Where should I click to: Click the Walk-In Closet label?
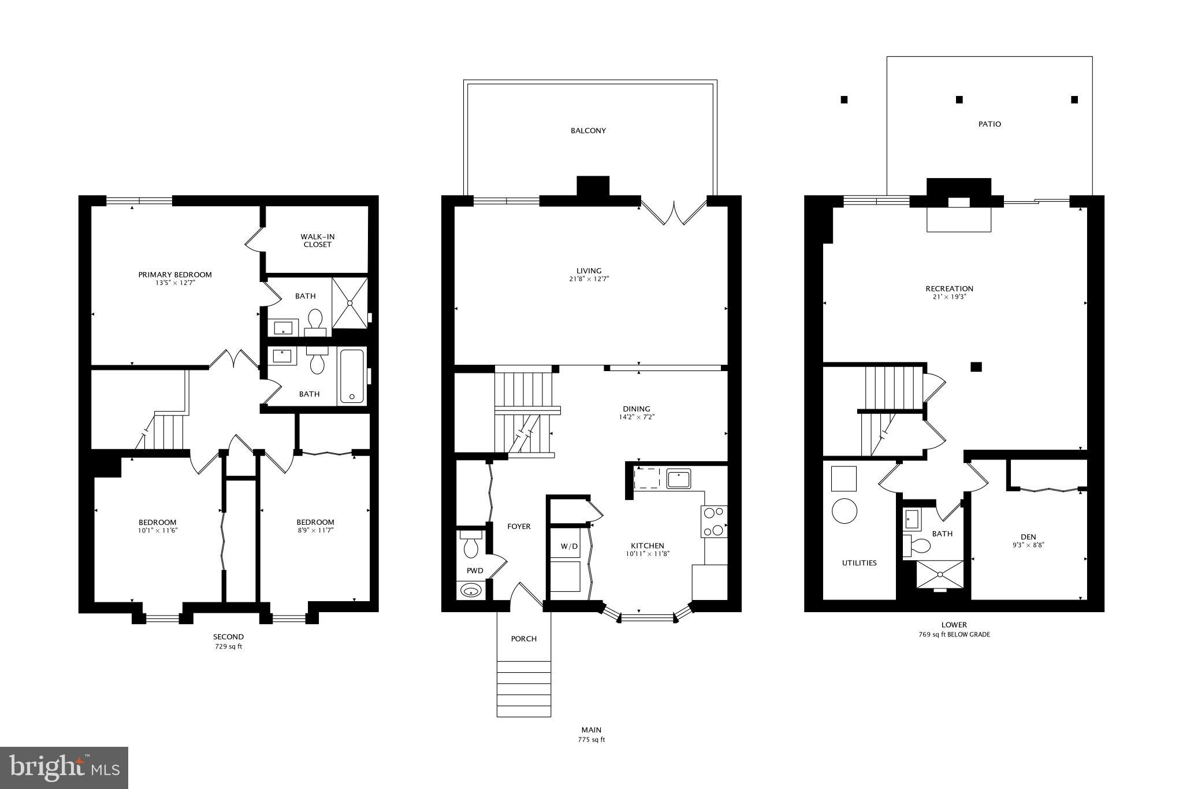tap(317, 240)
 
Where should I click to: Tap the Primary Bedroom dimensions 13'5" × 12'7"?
tap(175, 283)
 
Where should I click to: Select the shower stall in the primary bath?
tap(349, 303)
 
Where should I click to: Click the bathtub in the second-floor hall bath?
tap(352, 376)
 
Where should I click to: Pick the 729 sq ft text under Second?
tap(229, 646)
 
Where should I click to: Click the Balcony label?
tap(588, 131)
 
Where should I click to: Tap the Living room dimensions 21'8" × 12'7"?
tap(589, 279)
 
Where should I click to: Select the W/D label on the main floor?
tap(568, 546)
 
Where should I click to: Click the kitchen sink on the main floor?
tap(679, 479)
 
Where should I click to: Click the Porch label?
tap(524, 639)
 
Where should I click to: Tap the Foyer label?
tap(519, 527)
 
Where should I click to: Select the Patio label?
tap(989, 124)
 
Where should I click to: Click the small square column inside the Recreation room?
tap(976, 366)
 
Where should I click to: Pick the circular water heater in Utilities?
tap(844, 510)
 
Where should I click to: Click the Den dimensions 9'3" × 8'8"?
tap(1028, 544)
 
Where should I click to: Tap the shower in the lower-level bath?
tap(940, 575)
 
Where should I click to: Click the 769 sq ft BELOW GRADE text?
tap(954, 634)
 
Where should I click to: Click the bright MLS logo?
tap(64, 768)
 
